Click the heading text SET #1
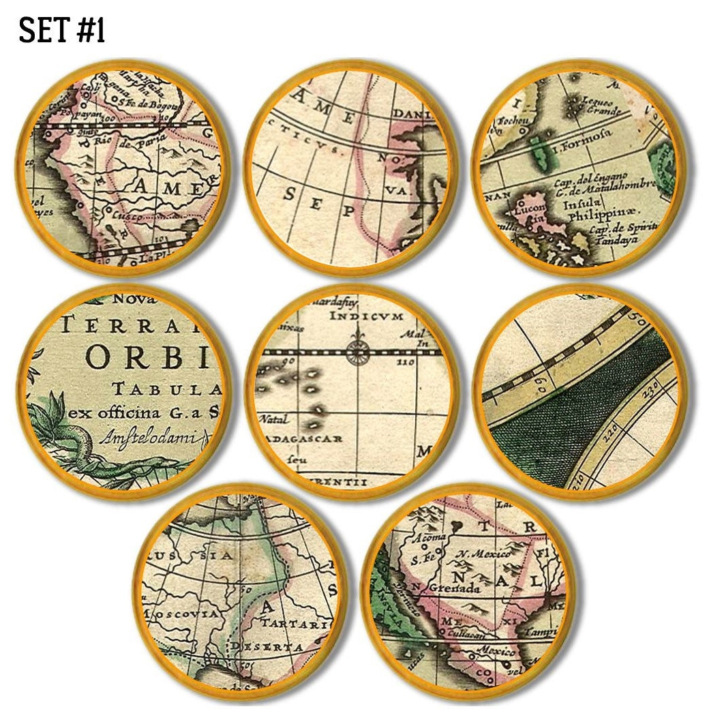coord(61,31)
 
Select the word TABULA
coord(168,389)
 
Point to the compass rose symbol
coord(357,352)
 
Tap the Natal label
coord(273,419)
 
